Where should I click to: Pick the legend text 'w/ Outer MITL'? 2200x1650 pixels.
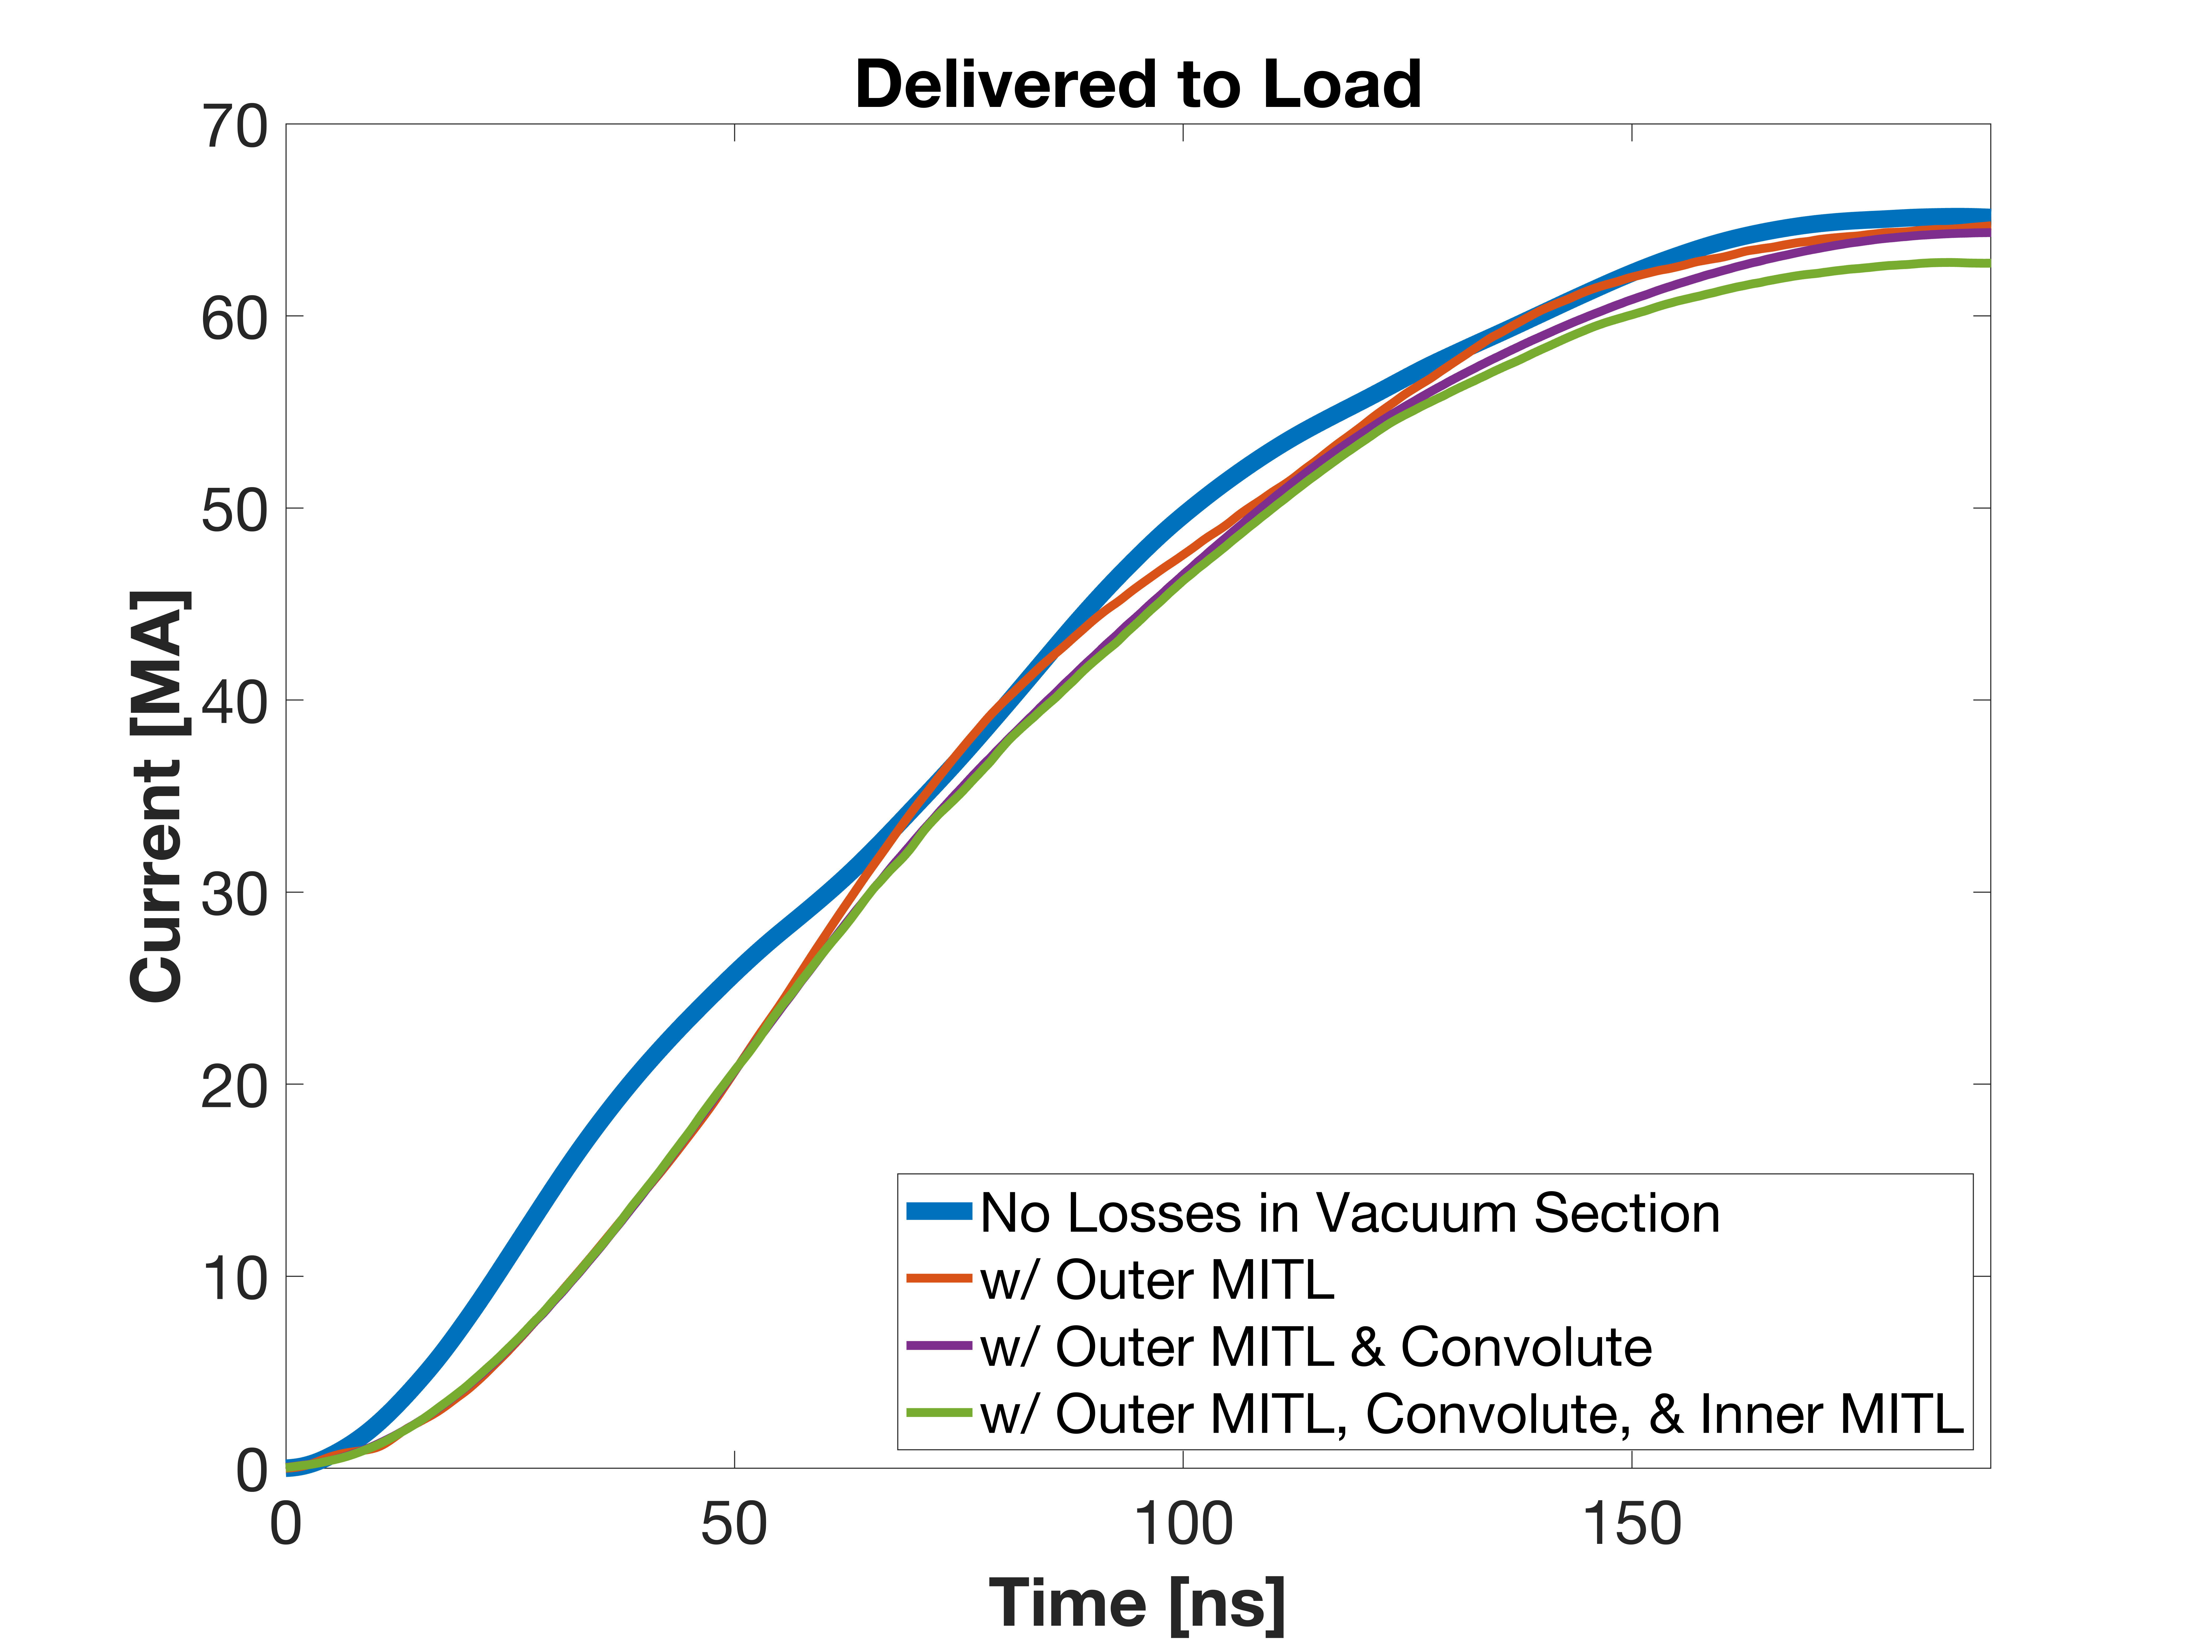[x=1157, y=1280]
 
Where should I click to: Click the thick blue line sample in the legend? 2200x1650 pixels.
[x=939, y=1211]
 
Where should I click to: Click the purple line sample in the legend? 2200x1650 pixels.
[x=939, y=1346]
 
